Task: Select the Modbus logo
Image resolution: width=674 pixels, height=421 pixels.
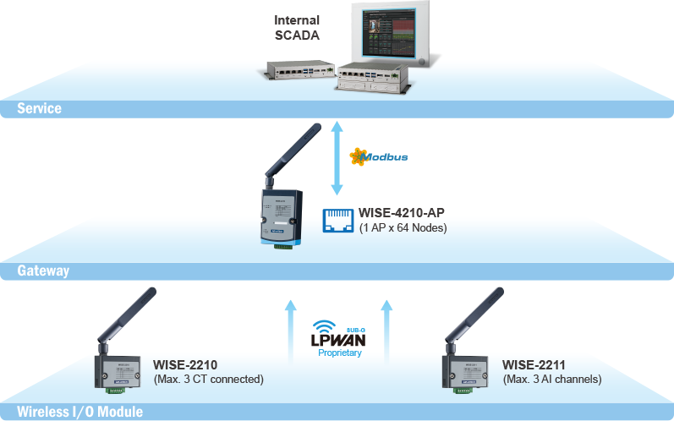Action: click(x=381, y=157)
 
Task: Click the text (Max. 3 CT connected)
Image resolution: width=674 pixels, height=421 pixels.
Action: click(x=208, y=380)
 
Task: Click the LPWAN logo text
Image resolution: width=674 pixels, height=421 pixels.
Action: click(x=339, y=340)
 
